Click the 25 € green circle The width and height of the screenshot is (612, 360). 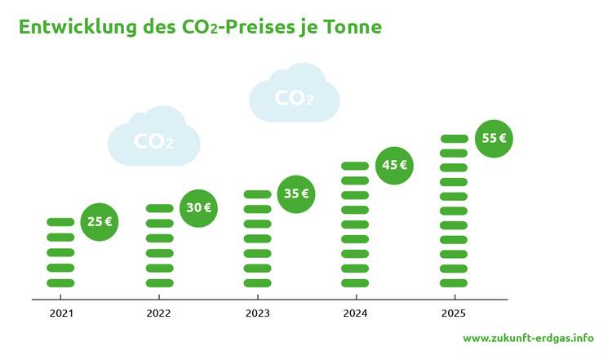pos(100,221)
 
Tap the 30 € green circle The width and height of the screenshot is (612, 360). pos(198,208)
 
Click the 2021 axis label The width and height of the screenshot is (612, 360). pos(61,313)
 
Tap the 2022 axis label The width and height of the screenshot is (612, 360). pos(159,313)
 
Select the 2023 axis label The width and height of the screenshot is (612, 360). pos(258,313)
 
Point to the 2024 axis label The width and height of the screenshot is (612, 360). pos(356,313)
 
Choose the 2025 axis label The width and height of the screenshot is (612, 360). pos(454,313)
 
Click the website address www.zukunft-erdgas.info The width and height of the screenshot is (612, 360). pos(528,338)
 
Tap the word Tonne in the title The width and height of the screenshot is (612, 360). pos(353,28)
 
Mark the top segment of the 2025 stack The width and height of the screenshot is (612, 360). pos(454,138)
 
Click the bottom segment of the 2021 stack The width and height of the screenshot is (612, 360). pos(61,283)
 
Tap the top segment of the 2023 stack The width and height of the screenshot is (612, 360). pos(258,194)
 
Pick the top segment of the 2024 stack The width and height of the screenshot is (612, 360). pos(356,166)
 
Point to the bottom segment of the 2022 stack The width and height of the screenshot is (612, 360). pos(159,283)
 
